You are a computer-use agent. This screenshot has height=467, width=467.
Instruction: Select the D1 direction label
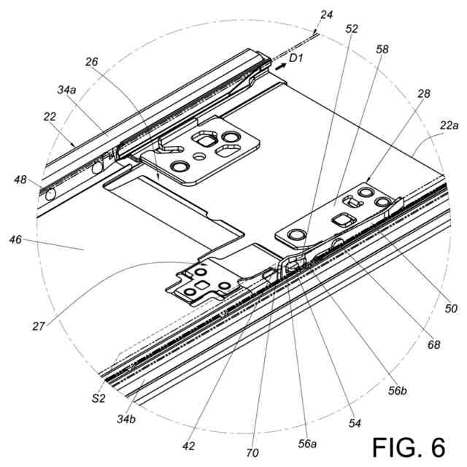point(296,58)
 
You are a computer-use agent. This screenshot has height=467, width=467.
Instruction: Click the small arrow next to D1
point(280,66)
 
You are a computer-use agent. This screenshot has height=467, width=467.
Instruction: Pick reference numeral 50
point(450,309)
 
